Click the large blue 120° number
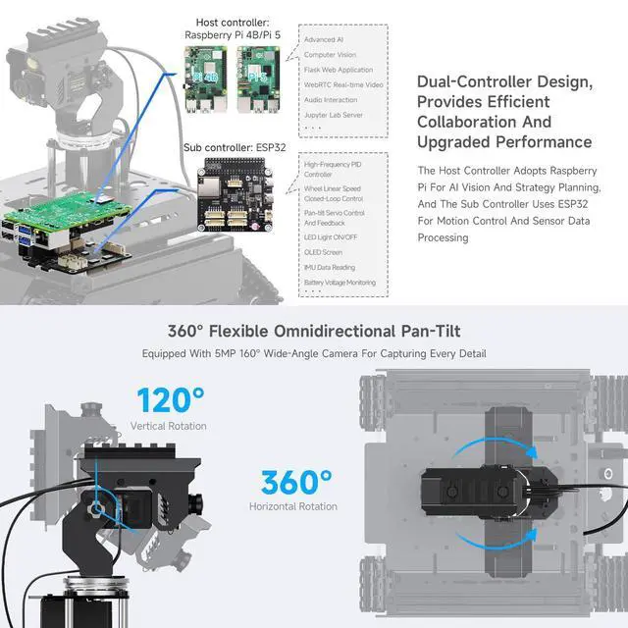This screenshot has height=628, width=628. pos(171,400)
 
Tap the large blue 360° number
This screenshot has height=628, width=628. pos(297,483)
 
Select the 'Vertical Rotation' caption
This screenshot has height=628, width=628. pos(169,426)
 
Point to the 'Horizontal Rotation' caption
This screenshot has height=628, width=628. pos(293,506)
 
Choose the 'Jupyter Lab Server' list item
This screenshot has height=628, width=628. pos(331,115)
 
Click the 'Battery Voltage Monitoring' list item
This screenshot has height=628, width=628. pos(340,283)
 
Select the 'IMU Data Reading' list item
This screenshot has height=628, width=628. pos(330,267)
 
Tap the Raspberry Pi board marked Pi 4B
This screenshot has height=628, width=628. pos(211,79)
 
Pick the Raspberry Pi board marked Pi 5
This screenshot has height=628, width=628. pos(259,79)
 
